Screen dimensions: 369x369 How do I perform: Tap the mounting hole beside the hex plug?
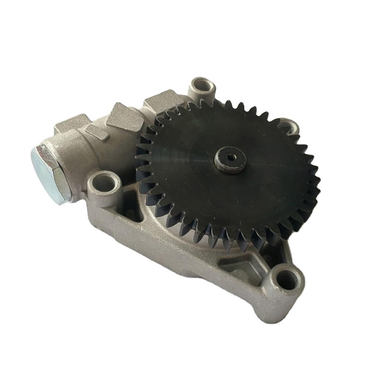[103, 182]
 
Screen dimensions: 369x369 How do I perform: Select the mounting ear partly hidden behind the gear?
[292, 125]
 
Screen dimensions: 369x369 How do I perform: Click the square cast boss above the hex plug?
[72, 124]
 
